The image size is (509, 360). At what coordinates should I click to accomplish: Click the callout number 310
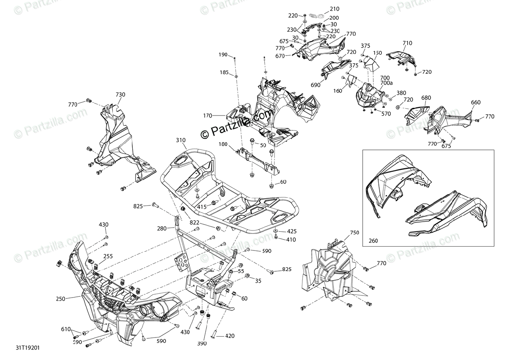181,140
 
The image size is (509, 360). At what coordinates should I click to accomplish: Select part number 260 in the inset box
373,241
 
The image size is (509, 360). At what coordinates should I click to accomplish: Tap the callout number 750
355,233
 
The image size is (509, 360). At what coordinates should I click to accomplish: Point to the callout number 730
120,94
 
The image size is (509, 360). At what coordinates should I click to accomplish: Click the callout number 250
61,299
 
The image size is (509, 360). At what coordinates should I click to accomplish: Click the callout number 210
335,9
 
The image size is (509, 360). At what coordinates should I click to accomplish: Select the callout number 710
407,43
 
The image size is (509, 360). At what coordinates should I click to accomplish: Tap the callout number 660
476,102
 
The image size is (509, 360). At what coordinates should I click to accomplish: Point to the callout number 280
162,228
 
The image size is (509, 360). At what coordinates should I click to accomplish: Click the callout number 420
229,336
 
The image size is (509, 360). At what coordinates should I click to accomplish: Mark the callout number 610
66,329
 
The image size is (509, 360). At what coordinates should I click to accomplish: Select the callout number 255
108,256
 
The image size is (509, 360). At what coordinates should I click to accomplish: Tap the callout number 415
201,207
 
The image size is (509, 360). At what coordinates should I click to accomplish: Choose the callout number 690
315,85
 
